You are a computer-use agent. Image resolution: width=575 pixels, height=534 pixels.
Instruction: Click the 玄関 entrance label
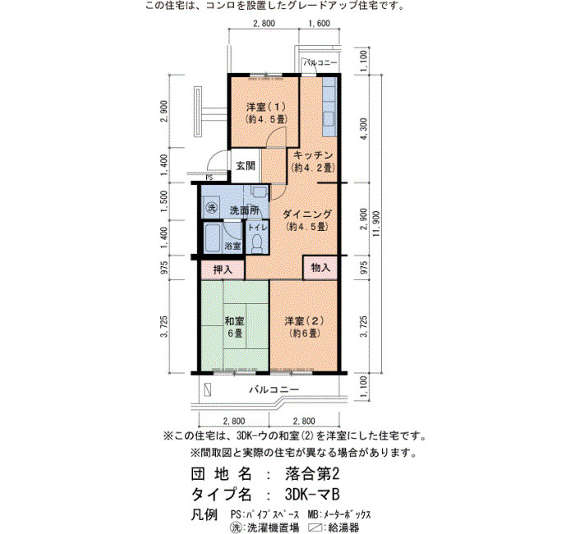coord(245,166)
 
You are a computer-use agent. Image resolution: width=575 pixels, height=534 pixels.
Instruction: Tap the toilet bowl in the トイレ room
coord(257,243)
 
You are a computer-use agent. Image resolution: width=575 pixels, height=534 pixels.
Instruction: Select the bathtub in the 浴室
coord(212,238)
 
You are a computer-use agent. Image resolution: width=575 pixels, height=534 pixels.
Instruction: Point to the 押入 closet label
coord(223,270)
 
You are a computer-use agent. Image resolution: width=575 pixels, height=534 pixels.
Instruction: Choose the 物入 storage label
coord(320,268)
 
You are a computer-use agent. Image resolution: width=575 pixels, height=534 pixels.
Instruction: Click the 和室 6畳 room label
coord(235,328)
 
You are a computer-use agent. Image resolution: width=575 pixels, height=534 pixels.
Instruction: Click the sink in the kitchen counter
coord(329,119)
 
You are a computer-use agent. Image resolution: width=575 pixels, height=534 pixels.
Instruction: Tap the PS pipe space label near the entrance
coord(209,178)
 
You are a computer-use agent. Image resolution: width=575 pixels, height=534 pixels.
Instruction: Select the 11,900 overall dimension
coord(376,223)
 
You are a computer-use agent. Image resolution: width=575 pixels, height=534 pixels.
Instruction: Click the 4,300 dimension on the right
coord(364,129)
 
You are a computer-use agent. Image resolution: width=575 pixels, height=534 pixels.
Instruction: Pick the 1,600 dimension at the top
coord(319,24)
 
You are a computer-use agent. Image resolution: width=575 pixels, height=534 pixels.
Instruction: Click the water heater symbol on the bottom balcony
coord(208,389)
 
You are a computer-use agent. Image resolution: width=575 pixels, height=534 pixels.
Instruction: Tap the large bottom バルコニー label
coord(274,389)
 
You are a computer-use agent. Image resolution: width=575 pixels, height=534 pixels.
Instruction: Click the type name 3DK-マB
coord(312,495)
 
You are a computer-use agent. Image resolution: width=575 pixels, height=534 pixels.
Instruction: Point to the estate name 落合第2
coord(312,474)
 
